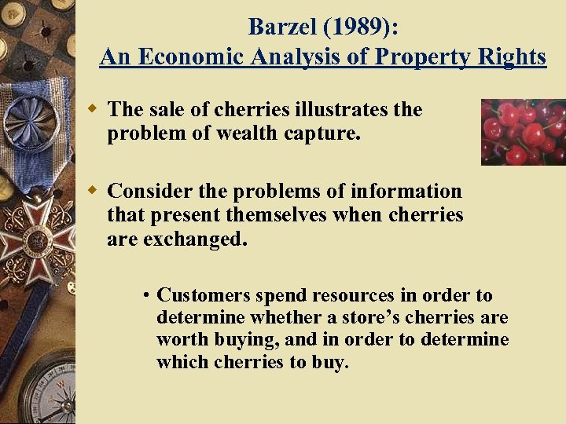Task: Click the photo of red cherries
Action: pos(523,131)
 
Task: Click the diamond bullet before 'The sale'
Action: pos(93,108)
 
